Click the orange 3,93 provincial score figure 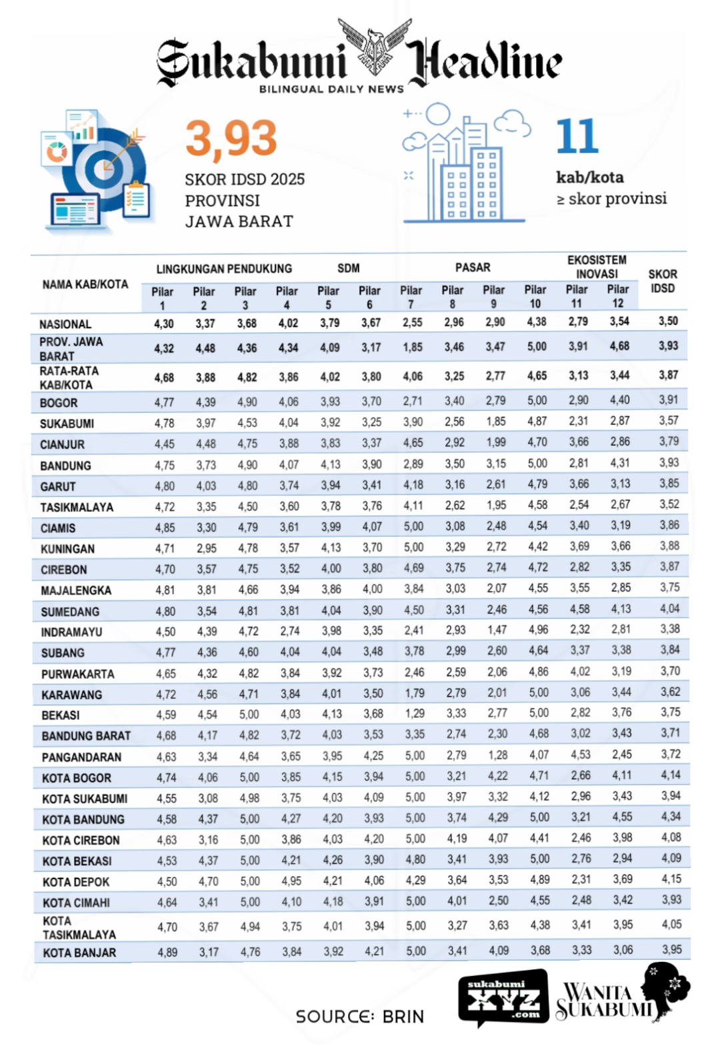231,139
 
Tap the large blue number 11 577,137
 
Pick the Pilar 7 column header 411,297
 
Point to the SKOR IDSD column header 663,281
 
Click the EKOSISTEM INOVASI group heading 597,267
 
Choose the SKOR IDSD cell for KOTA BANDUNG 671,817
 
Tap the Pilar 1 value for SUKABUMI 165,423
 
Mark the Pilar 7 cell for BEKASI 415,714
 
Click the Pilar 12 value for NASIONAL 619,322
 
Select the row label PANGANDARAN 81,757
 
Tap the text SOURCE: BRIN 360,1017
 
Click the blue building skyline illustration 465,167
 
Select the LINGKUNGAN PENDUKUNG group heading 224,269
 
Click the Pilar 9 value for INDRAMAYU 497,630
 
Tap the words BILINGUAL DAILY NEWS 331,89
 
